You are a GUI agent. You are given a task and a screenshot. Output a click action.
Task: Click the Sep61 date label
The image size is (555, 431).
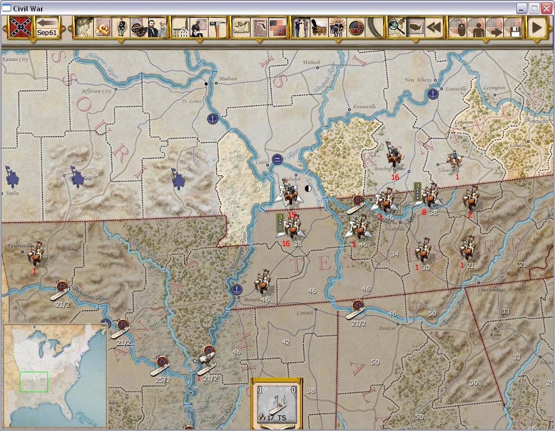tap(47, 32)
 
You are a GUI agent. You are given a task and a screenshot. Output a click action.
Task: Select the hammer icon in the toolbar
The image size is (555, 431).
tap(217, 27)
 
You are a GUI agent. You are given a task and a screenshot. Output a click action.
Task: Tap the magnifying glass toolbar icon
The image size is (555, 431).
tap(397, 27)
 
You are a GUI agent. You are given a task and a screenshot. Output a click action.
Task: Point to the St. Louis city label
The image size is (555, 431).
tap(191, 101)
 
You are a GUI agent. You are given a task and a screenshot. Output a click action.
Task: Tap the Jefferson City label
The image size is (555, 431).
tap(96, 91)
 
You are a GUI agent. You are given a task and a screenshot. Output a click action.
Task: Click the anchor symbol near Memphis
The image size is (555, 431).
tap(236, 289)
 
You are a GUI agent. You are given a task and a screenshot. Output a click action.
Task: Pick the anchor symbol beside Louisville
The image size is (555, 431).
tap(433, 94)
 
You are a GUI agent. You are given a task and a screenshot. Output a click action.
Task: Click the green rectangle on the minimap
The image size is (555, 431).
tap(33, 381)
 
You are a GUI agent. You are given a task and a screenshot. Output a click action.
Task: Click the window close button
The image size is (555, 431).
tap(546, 8)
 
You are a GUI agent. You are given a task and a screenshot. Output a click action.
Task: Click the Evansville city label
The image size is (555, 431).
tap(364, 107)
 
